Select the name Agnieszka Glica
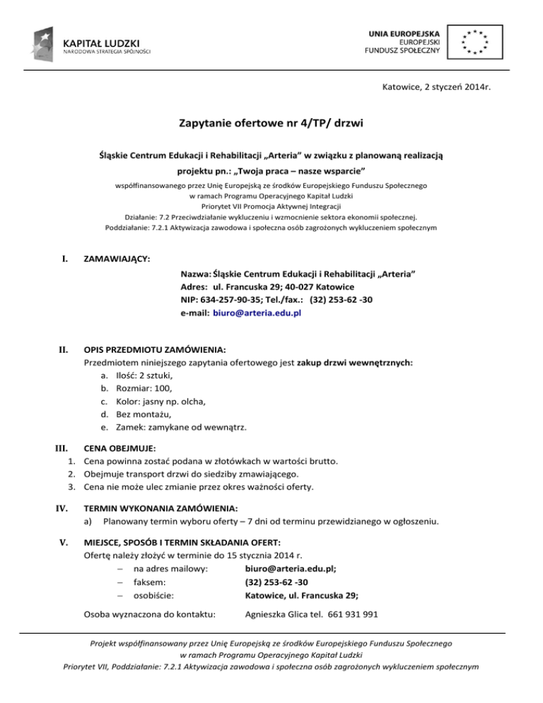[x=276, y=615]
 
